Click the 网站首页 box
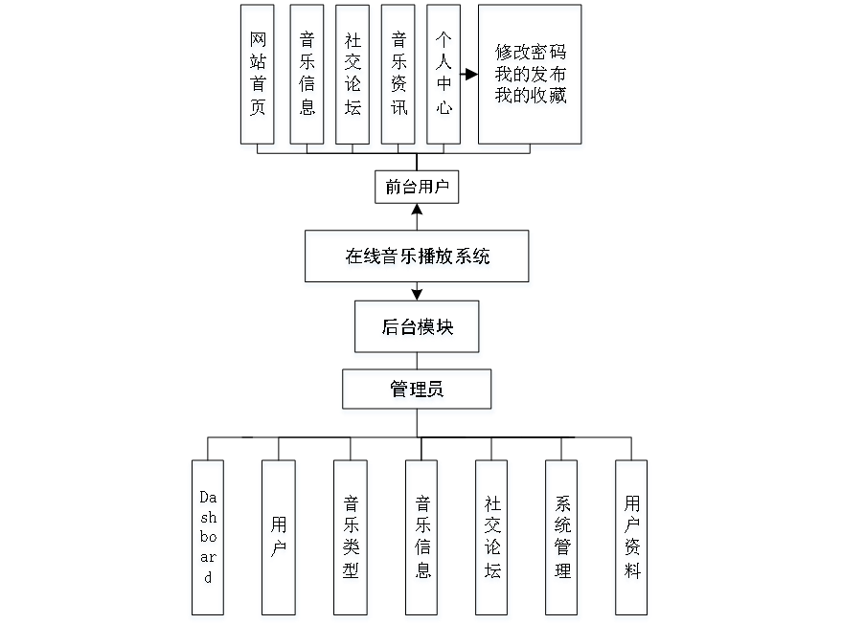point(258,77)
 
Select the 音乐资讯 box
point(398,77)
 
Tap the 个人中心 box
point(442,77)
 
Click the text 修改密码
point(531,52)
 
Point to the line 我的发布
point(531,75)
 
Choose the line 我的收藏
point(531,97)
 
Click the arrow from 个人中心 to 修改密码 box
point(468,74)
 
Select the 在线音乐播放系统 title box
point(418,258)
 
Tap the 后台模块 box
point(417,328)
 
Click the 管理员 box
point(418,391)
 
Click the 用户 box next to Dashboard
point(277,539)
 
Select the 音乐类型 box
point(351,539)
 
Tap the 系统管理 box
point(562,539)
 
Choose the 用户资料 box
point(631,539)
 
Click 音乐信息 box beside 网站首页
point(307,77)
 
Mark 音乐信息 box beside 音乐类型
point(421,539)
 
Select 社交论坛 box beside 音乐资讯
point(353,77)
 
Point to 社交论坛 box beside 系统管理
point(492,539)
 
